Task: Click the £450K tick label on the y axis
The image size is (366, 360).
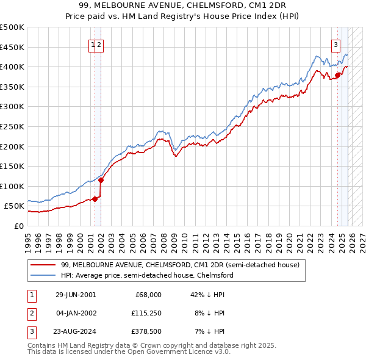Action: tap(12, 47)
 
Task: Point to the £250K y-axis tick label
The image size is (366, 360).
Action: tap(12, 126)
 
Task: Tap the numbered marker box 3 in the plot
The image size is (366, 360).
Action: tap(335, 44)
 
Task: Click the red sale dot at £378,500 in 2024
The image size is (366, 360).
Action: tap(337, 75)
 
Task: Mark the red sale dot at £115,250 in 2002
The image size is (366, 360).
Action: tap(101, 179)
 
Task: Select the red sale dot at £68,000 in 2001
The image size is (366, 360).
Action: tap(95, 199)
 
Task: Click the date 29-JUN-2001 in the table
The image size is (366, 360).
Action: tap(76, 294)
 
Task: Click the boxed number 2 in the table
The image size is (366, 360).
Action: tap(31, 313)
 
